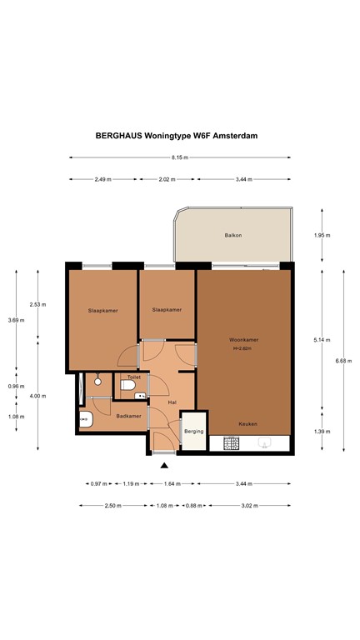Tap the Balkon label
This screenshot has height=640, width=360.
click(232, 236)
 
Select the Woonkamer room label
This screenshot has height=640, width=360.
click(244, 340)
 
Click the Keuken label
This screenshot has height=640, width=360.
click(247, 423)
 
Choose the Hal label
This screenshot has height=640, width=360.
click(171, 402)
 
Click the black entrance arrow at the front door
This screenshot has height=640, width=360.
click(164, 465)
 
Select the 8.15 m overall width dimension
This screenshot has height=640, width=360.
click(180, 157)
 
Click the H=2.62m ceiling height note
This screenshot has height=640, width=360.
click(244, 348)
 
